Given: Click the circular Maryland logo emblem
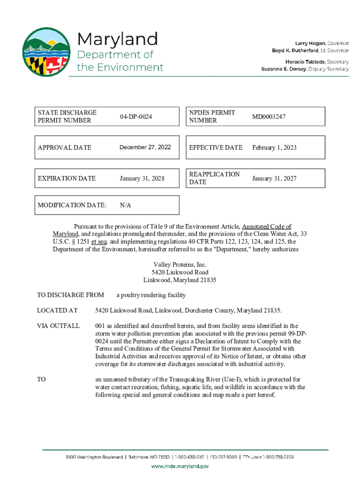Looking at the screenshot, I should (46, 52).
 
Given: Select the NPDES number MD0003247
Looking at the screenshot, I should (269, 116).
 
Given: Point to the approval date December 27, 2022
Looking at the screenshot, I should (145, 147).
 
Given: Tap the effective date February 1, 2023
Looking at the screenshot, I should (274, 147).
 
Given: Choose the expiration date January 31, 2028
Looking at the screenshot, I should (142, 178).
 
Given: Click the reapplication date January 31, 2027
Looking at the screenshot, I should (274, 178).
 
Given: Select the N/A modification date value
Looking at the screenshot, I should (125, 205).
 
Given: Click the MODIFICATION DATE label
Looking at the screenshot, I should (72, 205).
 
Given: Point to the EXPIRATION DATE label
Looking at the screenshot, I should (67, 178).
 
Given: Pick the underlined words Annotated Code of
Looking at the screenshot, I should (266, 226).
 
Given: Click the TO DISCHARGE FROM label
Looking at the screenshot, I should (71, 295).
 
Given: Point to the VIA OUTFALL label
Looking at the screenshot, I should (58, 326).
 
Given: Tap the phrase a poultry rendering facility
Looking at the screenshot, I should (151, 295).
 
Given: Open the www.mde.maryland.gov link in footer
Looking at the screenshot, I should (180, 466).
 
